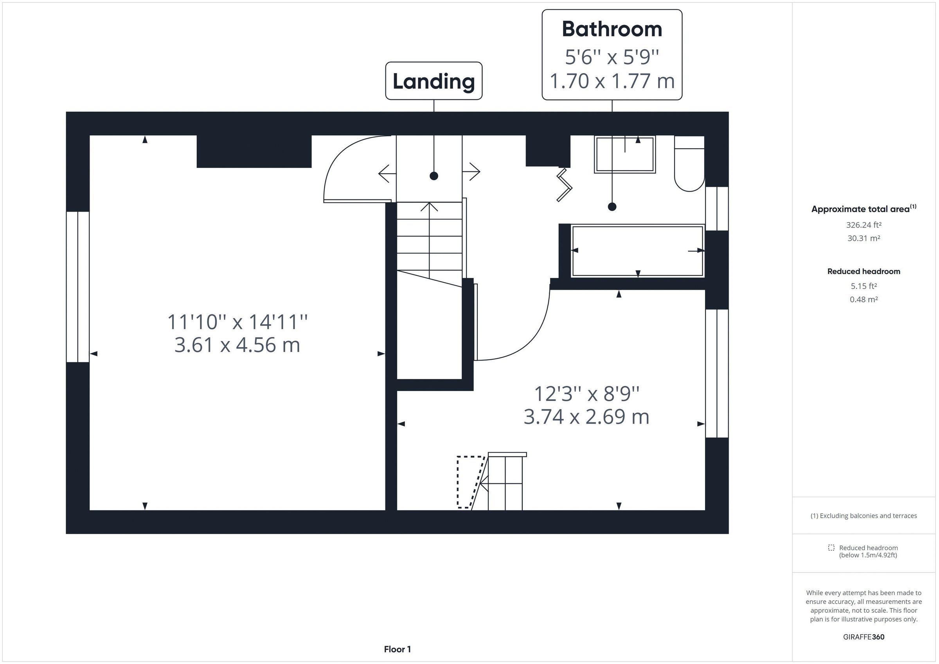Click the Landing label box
coord(434,81)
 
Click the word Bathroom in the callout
coord(612,29)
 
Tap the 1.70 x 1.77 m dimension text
coord(612,81)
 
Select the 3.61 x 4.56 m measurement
coord(237,345)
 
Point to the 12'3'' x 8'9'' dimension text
coord(586,394)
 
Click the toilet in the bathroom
coord(689,163)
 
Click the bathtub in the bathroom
coord(637,251)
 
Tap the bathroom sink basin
coord(624,154)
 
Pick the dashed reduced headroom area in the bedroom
coord(469,482)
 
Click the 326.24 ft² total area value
coord(863,225)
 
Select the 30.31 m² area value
coord(863,238)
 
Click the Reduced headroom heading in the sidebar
coord(863,271)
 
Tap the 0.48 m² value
coord(863,299)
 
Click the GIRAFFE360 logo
coord(863,637)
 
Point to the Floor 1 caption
coord(397,649)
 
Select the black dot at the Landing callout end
coord(434,176)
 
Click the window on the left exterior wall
coord(78,287)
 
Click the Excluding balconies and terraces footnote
coord(863,515)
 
